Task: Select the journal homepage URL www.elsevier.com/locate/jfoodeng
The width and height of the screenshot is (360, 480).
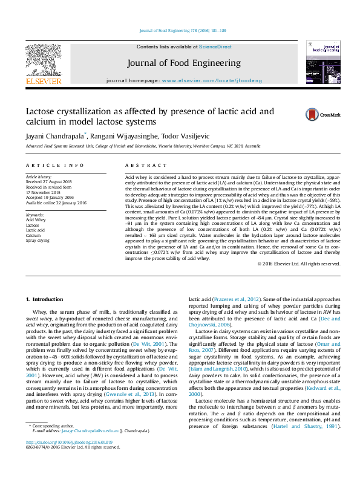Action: point(212,80)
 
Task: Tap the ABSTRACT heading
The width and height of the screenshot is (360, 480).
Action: point(141,165)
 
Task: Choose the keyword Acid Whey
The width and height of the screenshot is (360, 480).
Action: point(36,219)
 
